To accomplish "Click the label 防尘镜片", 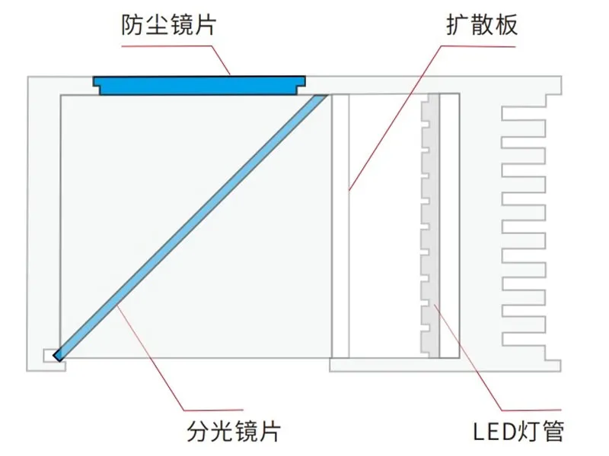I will (168, 25).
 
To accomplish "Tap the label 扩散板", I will (482, 25).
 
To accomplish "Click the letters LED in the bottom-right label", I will (489, 432).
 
